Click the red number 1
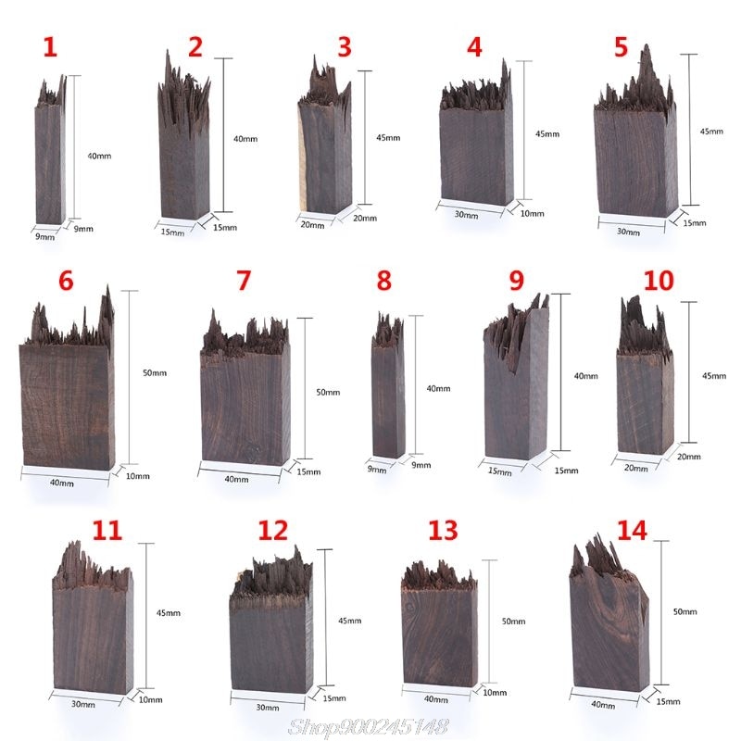49,48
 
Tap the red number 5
621,46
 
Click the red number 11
107,530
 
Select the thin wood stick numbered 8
388,398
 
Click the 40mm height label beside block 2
245,139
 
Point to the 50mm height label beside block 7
328,393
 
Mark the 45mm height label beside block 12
349,621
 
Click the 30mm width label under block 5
629,232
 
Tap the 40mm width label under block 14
602,705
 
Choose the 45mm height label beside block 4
547,134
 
